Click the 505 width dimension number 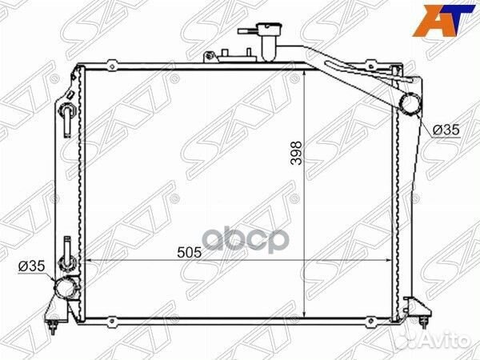190,253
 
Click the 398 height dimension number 296,153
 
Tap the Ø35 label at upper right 446,130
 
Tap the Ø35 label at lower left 31,266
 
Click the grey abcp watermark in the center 246,240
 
